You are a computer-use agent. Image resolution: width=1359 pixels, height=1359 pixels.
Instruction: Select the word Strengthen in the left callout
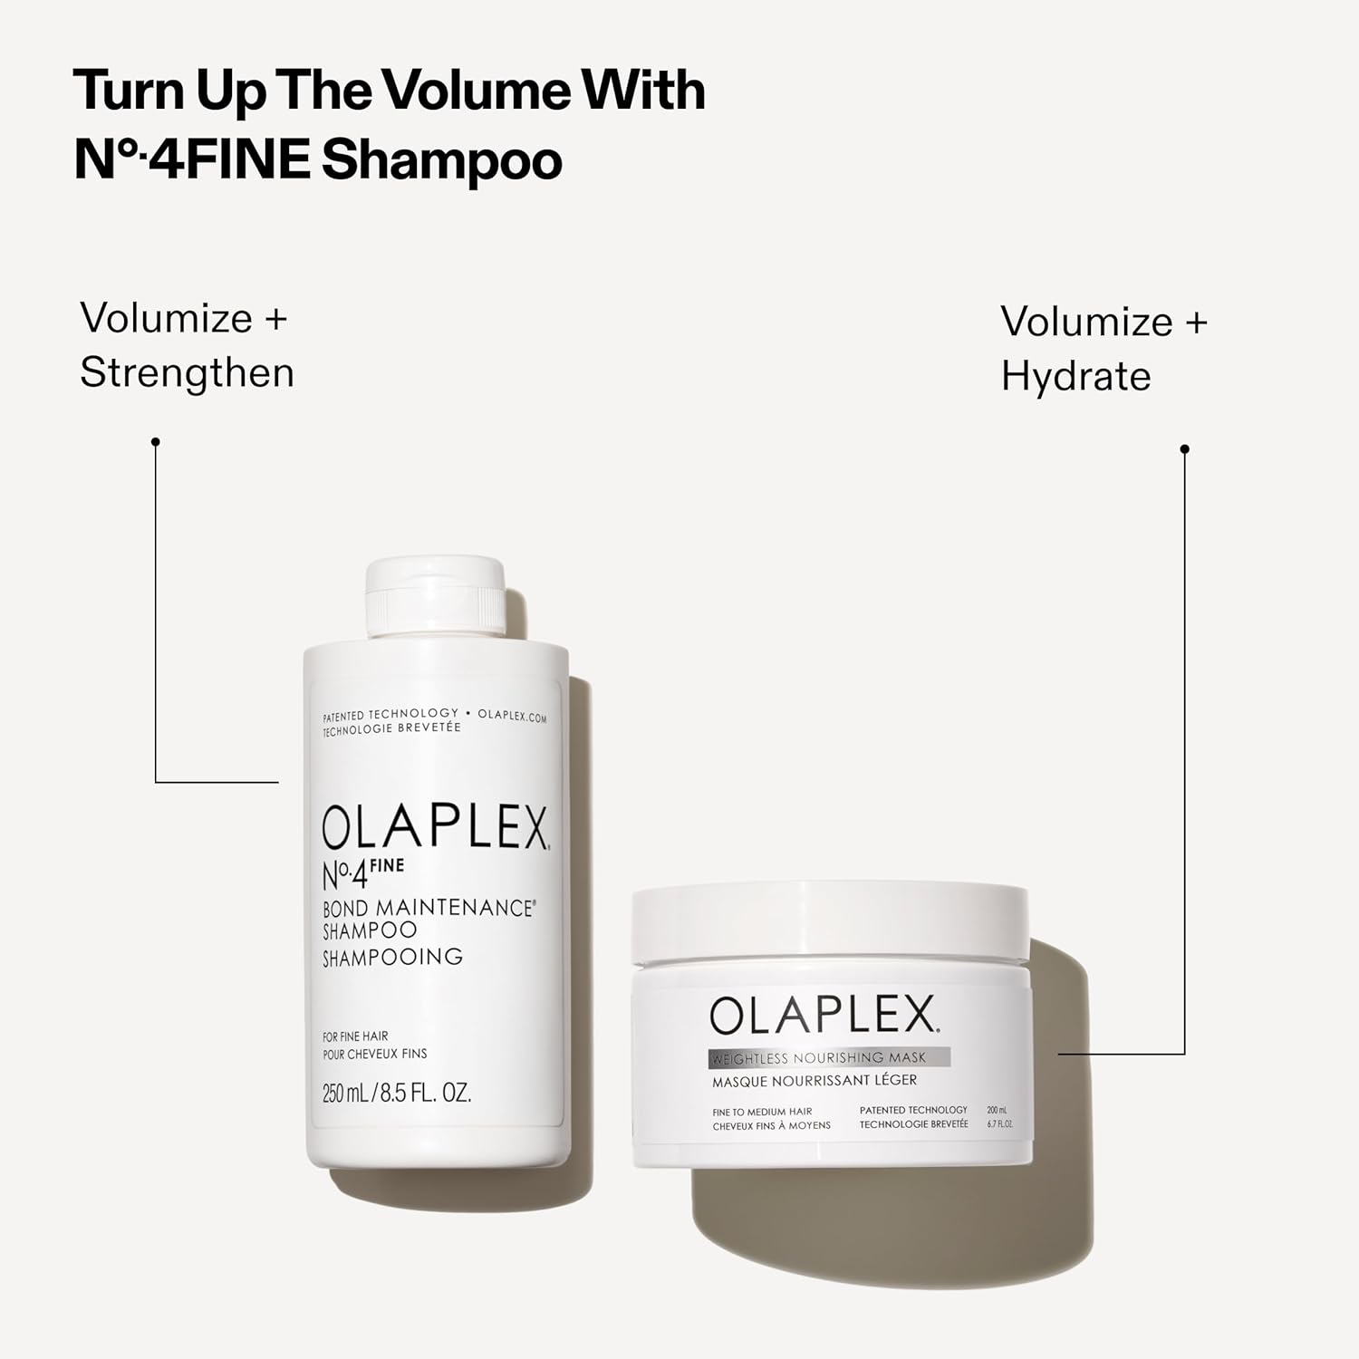click(x=187, y=372)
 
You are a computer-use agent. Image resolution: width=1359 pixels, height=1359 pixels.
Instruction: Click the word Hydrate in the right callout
click(x=1075, y=376)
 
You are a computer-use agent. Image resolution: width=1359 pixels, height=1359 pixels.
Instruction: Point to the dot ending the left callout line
click(x=156, y=442)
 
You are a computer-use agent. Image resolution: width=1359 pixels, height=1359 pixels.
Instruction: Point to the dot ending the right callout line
click(x=1184, y=449)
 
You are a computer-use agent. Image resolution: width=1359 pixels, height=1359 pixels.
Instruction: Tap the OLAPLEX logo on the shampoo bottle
click(x=435, y=826)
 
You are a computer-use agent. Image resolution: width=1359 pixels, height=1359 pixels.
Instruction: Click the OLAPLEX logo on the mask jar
click(x=823, y=1016)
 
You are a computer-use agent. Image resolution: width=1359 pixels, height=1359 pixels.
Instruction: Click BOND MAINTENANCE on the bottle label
click(x=428, y=908)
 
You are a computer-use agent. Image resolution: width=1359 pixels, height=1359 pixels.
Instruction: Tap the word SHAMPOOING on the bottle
click(x=392, y=957)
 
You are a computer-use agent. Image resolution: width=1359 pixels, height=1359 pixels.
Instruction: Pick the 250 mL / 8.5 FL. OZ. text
click(x=397, y=1093)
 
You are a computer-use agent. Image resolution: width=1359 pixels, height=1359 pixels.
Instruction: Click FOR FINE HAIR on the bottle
click(x=355, y=1036)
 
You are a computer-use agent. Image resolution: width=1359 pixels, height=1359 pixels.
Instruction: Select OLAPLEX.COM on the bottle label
click(x=512, y=716)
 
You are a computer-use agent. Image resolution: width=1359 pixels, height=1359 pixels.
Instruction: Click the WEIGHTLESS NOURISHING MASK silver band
click(x=828, y=1057)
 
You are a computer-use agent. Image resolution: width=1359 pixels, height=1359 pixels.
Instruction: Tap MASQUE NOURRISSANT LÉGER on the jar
click(x=814, y=1080)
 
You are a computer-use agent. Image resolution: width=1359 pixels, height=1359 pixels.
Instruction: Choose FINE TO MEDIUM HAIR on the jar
click(x=762, y=1112)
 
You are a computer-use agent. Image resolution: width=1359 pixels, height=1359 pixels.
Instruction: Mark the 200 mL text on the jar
click(x=997, y=1110)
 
